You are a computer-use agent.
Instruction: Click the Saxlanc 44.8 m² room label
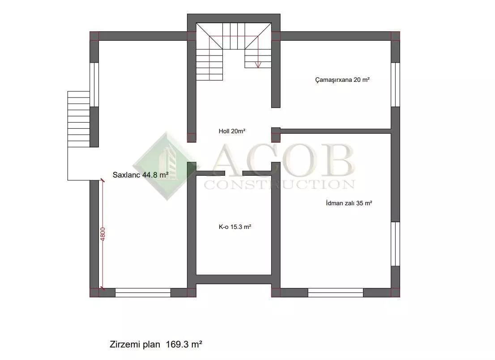coord(141,175)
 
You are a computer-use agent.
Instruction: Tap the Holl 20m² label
coord(232,131)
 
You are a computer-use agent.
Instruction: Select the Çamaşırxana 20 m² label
coord(342,80)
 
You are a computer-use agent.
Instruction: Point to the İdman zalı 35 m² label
coord(349,203)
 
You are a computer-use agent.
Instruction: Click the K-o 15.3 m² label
coord(235,227)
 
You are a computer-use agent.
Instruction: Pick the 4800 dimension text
coord(102,234)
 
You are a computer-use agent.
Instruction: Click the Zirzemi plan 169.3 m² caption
coord(156,344)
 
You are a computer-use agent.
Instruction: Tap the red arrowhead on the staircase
coord(258,65)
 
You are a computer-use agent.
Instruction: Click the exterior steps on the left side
coord(79,119)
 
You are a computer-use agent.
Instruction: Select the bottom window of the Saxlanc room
coord(143,292)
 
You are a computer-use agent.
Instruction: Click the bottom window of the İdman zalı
coord(335,292)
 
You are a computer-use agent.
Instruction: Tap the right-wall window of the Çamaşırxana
coord(395,85)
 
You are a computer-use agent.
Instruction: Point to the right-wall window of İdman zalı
coord(395,244)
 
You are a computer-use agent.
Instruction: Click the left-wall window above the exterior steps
coord(94,85)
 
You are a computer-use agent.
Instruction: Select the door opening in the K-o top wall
coord(234,173)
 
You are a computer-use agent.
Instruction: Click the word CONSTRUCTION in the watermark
coord(279,184)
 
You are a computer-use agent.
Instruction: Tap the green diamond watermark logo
coord(166,166)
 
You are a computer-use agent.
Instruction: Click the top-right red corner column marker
coord(395,36)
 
